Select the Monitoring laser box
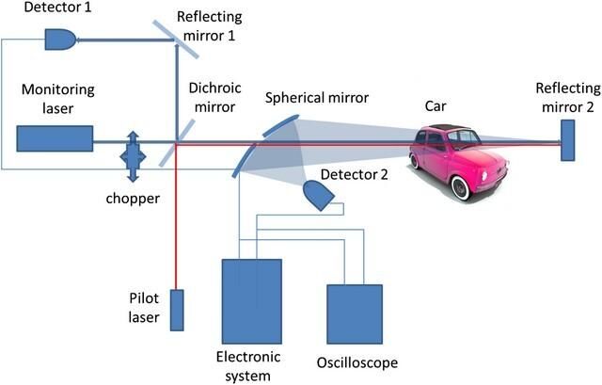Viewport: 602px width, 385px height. pyautogui.click(x=55, y=139)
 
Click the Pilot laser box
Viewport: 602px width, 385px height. pyautogui.click(x=177, y=310)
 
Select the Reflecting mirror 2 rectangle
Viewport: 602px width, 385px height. pyautogui.click(x=567, y=140)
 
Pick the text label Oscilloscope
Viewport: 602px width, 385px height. pyautogui.click(x=356, y=362)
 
